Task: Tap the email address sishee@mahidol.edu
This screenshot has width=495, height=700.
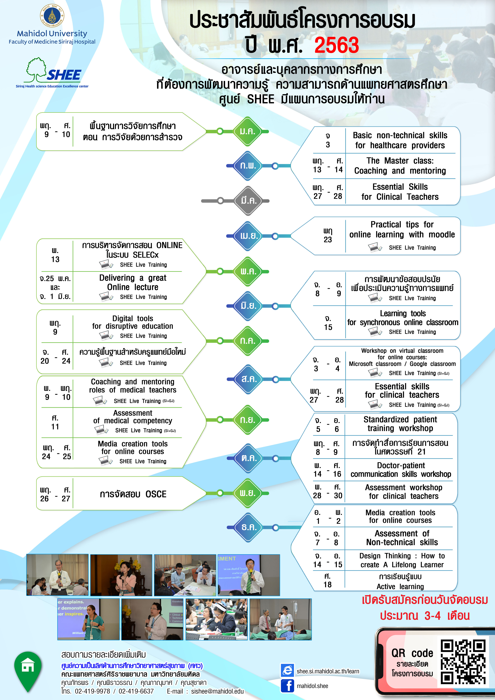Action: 217,691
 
